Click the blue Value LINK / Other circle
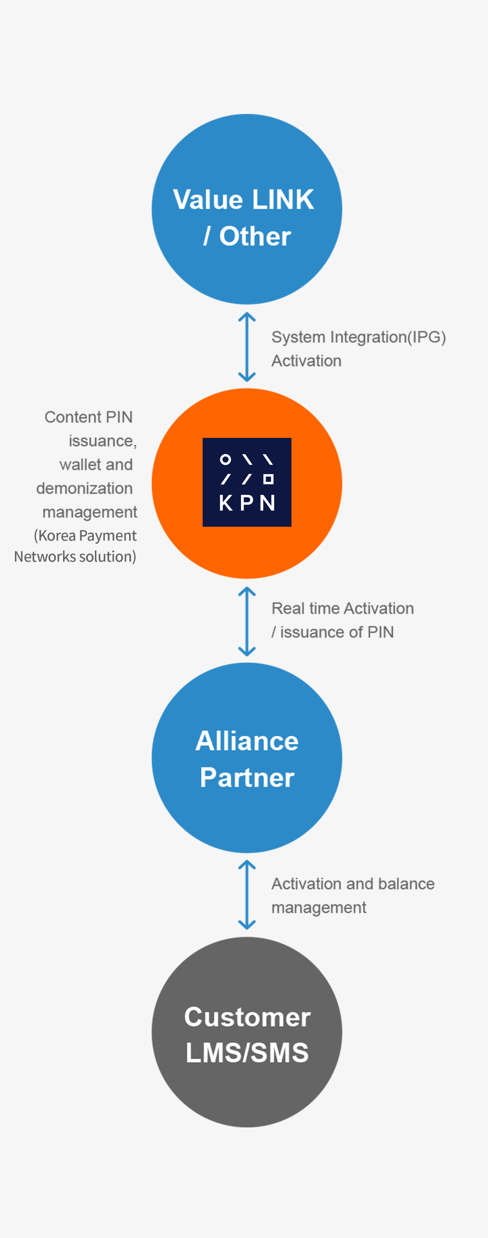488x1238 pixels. click(x=247, y=209)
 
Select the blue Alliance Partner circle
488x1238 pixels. click(x=247, y=758)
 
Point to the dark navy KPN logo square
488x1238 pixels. click(x=247, y=482)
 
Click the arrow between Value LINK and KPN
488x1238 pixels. click(x=247, y=347)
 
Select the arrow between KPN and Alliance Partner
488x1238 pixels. click(x=247, y=621)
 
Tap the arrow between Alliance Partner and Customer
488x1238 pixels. click(x=247, y=895)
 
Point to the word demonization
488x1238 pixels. click(x=84, y=488)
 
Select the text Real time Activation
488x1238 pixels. click(x=343, y=608)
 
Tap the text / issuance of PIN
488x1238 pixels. click(x=333, y=632)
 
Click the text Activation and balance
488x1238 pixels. click(x=353, y=884)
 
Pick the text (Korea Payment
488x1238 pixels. click(x=85, y=535)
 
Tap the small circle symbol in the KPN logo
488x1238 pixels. click(x=225, y=460)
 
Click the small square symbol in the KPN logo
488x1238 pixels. click(x=268, y=479)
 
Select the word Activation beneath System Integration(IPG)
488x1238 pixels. click(x=306, y=361)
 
